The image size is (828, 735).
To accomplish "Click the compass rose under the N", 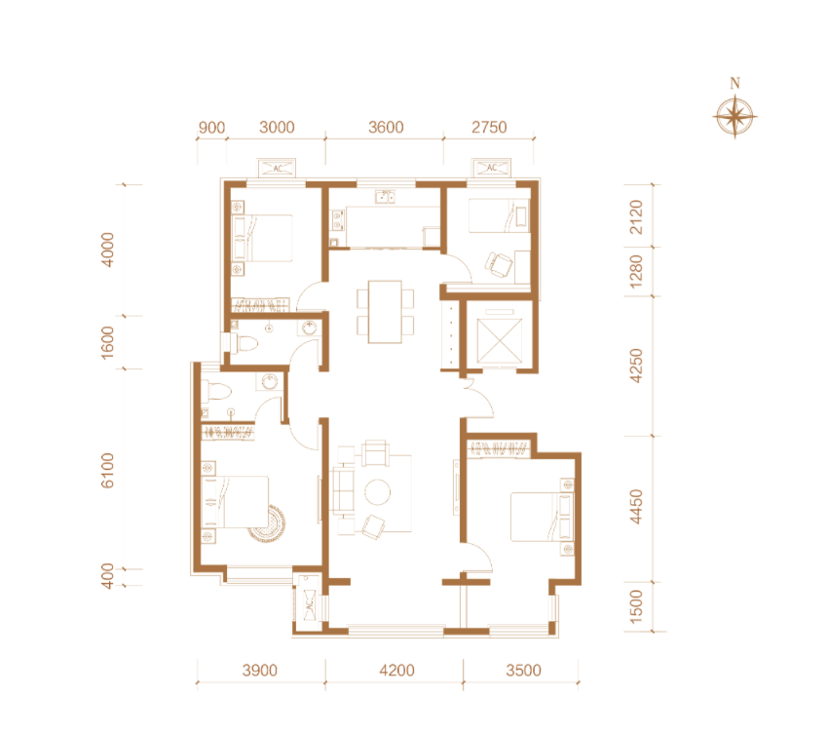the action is tap(734, 116).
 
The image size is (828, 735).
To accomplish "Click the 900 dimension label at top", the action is tap(211, 128).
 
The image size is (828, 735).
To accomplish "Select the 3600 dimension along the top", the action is tap(386, 128).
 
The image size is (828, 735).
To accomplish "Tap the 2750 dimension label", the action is tap(489, 128).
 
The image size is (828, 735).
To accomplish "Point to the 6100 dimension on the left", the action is tap(107, 470).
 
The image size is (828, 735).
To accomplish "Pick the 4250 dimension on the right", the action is tap(636, 366).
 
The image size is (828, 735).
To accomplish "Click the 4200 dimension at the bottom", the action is tap(396, 670).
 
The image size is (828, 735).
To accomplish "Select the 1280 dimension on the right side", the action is tap(636, 272).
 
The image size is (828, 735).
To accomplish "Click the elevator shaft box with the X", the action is tap(499, 339).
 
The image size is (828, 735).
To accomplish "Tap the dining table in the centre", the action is tap(385, 312).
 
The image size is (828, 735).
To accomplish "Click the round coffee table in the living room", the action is tap(377, 492).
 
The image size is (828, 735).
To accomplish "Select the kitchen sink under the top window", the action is tap(385, 197).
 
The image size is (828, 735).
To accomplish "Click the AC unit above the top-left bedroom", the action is tap(277, 168).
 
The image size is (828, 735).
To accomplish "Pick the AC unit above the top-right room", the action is tap(491, 168).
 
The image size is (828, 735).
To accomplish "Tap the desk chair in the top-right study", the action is tap(499, 263).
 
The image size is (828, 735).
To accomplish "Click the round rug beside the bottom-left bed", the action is tap(268, 524).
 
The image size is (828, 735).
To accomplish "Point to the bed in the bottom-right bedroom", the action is tap(542, 517).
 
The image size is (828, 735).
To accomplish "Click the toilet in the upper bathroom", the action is tap(245, 343).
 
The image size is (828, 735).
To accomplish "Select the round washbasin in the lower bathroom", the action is tap(270, 381).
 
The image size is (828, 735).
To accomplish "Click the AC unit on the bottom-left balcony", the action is tap(310, 606).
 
